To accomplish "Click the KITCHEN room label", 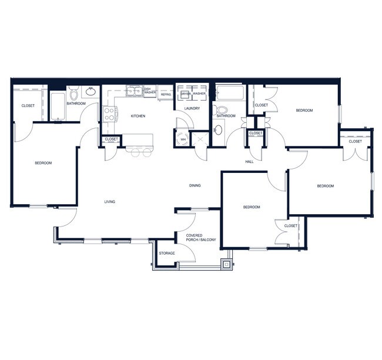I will [x=138, y=116].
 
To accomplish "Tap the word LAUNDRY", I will [x=192, y=108].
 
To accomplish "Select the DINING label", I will [x=195, y=185].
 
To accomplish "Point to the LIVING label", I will [x=110, y=202].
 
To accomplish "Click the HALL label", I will [x=249, y=161].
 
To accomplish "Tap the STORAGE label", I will [x=167, y=253].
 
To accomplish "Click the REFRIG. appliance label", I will [x=166, y=93].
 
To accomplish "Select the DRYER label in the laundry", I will [x=185, y=94].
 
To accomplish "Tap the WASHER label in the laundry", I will [x=199, y=94].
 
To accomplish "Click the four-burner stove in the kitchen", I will [x=110, y=113].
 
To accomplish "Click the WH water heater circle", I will [x=183, y=139].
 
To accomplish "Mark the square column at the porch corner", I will [x=226, y=264].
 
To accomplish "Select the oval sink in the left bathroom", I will [x=92, y=91].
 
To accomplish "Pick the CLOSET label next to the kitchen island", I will [x=111, y=139].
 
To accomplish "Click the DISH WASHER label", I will [x=150, y=91].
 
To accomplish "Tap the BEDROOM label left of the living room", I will [x=43, y=163].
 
